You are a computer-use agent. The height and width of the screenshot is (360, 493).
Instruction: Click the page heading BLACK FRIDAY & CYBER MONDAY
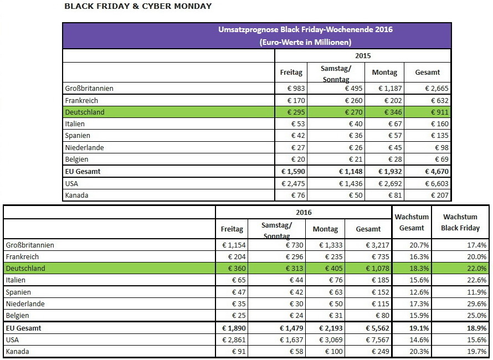coord(138,7)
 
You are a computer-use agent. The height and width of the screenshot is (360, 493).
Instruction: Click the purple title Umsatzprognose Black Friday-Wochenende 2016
coord(306,29)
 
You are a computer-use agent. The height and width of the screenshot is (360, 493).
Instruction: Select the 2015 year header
coord(363,55)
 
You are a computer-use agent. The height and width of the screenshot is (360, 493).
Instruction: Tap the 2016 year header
coord(304,213)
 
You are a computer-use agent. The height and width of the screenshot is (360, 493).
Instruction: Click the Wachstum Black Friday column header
coord(460,223)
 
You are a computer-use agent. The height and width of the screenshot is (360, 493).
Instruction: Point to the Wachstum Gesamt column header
coord(412,223)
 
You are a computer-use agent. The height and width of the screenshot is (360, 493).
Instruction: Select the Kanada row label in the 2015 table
coord(76,196)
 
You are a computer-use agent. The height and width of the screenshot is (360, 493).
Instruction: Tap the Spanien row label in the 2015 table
coord(78,136)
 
